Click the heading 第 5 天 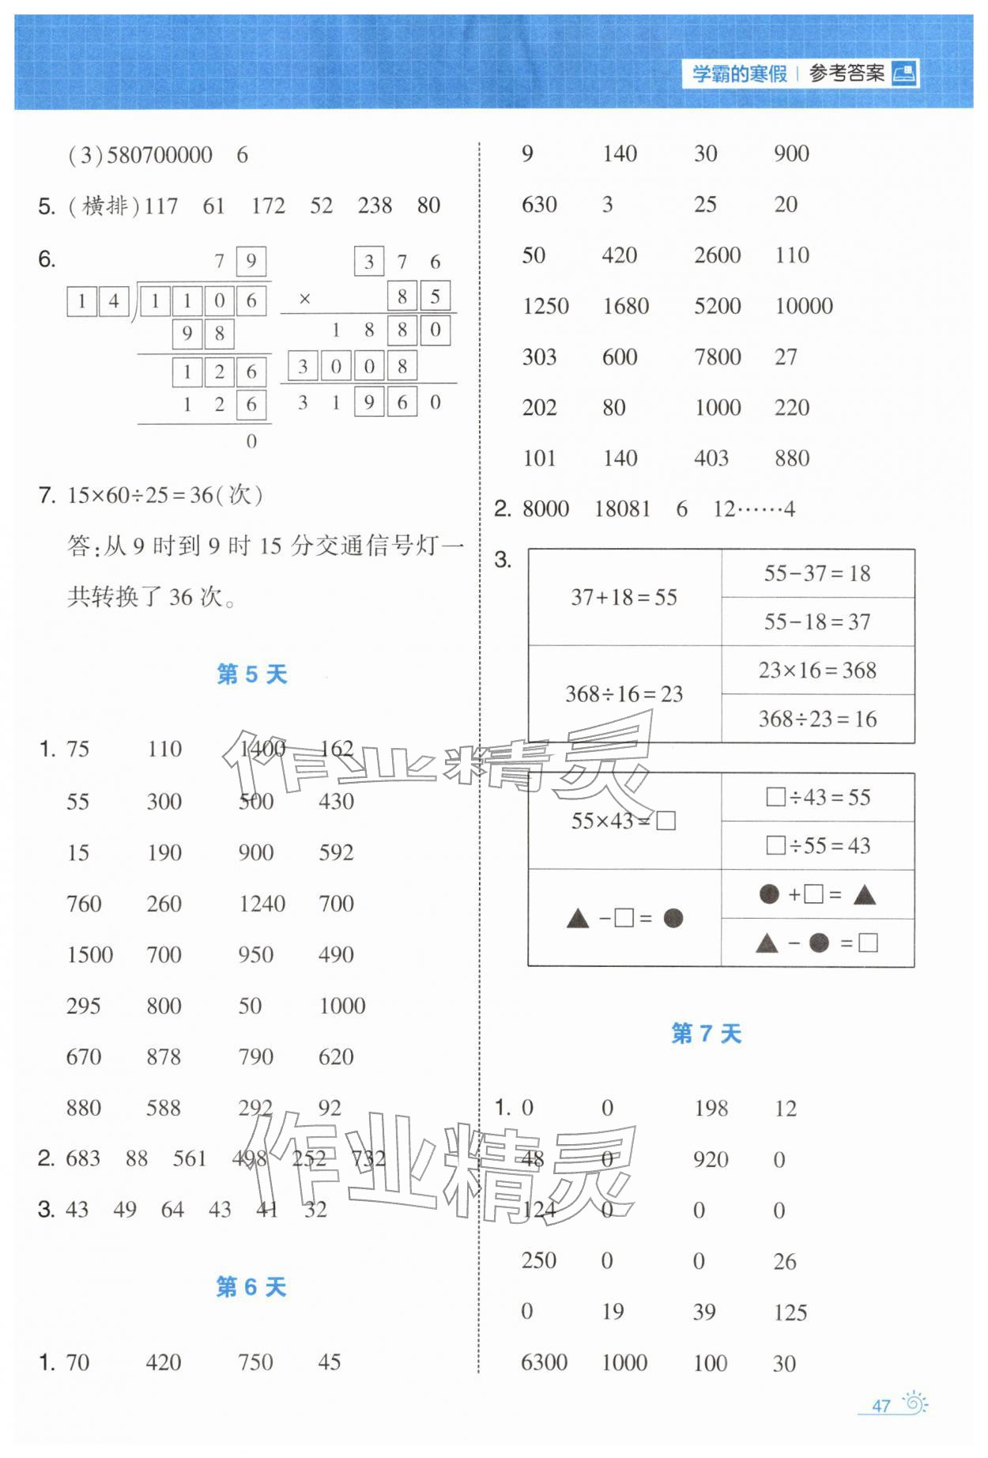[251, 674]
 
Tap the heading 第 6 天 [251, 1287]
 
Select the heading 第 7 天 [706, 1033]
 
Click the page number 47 [881, 1406]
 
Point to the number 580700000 [159, 155]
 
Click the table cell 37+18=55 [624, 598]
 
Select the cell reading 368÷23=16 [817, 719]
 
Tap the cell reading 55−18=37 [817, 622]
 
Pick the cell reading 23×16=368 [817, 670]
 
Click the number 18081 [622, 509]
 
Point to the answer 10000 [804, 306]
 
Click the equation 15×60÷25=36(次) [165, 496]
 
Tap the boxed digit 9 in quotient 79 [251, 261]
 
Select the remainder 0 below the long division [251, 441]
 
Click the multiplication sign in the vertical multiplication [305, 299]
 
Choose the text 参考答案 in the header [847, 74]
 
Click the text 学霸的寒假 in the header [740, 74]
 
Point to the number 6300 [544, 1362]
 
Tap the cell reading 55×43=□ [624, 822]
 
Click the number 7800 [717, 357]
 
